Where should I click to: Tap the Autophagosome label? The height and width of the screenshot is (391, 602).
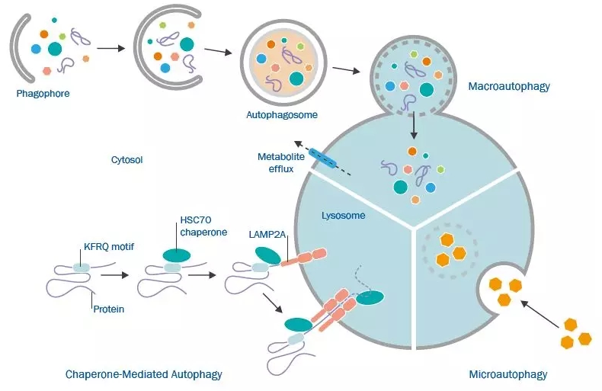[281, 115]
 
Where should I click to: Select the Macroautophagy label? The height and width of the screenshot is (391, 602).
[508, 87]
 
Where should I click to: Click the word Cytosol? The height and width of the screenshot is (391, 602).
[126, 160]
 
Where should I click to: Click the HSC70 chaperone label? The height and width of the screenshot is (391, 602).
[203, 227]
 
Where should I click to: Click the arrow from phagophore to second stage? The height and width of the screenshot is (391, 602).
[111, 49]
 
